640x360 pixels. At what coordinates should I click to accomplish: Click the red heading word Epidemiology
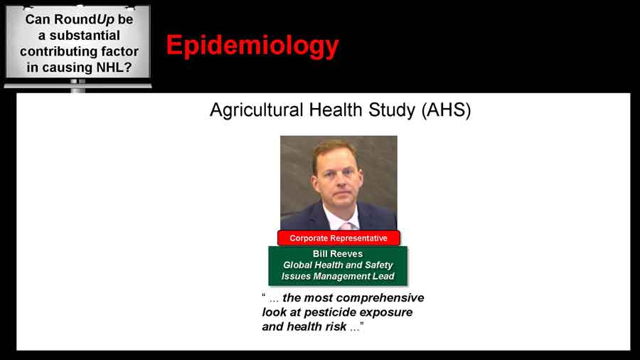[x=252, y=46]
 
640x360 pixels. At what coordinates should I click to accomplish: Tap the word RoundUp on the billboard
[x=84, y=20]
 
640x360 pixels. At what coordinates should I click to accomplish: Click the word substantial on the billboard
[x=85, y=36]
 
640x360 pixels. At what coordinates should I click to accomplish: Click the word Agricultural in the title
[x=256, y=110]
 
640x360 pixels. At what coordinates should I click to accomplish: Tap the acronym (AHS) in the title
[x=446, y=110]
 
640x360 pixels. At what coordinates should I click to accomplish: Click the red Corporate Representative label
[x=338, y=238]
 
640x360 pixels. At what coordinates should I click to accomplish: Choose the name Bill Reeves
[x=338, y=253]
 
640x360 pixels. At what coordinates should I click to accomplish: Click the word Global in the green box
[x=297, y=265]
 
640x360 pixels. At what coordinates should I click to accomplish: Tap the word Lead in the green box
[x=383, y=276]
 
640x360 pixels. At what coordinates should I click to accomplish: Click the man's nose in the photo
[x=338, y=184]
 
